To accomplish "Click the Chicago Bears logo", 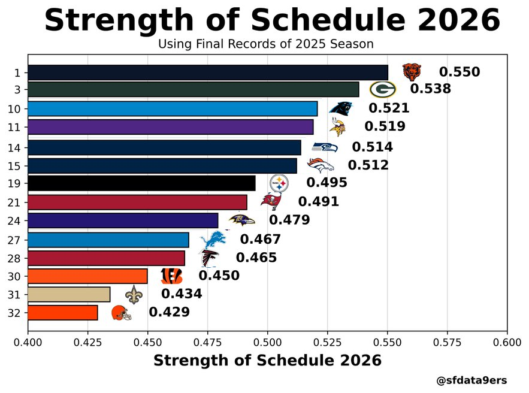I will [x=411, y=72].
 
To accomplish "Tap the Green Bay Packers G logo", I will [x=382, y=89].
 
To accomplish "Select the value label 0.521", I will [x=389, y=108].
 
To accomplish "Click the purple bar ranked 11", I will [x=170, y=127].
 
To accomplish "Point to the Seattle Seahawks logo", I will [x=325, y=147].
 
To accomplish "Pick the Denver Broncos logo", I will [x=320, y=165].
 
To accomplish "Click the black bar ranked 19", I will [x=141, y=183].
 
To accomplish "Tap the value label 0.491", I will [x=318, y=202].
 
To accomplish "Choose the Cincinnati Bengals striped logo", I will [x=171, y=276].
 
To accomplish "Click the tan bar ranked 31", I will [x=69, y=295].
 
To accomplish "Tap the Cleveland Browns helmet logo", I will [x=121, y=313].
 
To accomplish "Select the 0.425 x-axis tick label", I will [x=87, y=343].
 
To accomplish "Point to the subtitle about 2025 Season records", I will [x=266, y=44].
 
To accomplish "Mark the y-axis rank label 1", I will [x=18, y=72].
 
